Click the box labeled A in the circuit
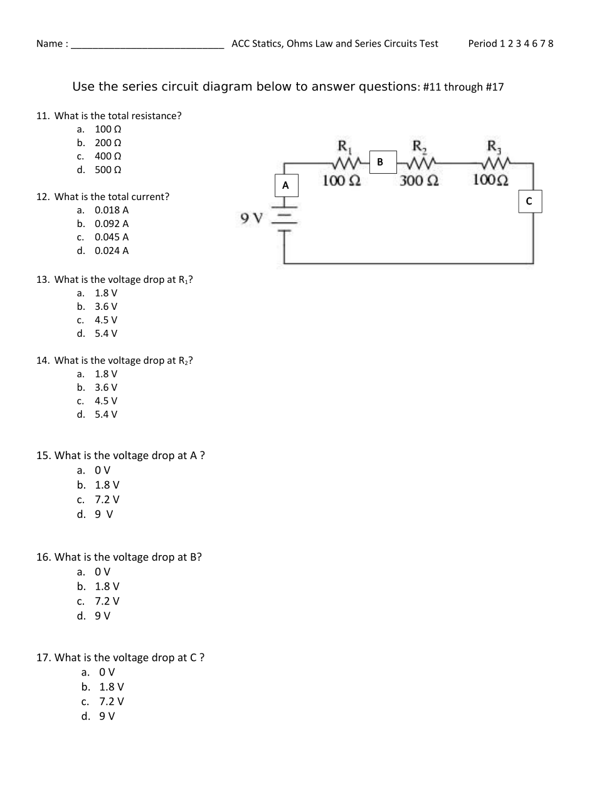(286, 185)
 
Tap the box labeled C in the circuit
(529, 201)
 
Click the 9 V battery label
(251, 218)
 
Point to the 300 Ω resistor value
(419, 181)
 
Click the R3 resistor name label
(494, 147)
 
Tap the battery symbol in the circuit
(286, 218)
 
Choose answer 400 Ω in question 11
(108, 156)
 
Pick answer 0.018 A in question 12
(112, 210)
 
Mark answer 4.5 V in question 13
(106, 320)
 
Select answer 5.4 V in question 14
(106, 415)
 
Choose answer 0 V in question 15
(102, 470)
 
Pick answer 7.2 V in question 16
(107, 601)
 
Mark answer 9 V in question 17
(107, 716)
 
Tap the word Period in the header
(482, 43)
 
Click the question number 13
(43, 280)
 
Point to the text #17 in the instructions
(494, 87)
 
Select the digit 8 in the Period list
(551, 43)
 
